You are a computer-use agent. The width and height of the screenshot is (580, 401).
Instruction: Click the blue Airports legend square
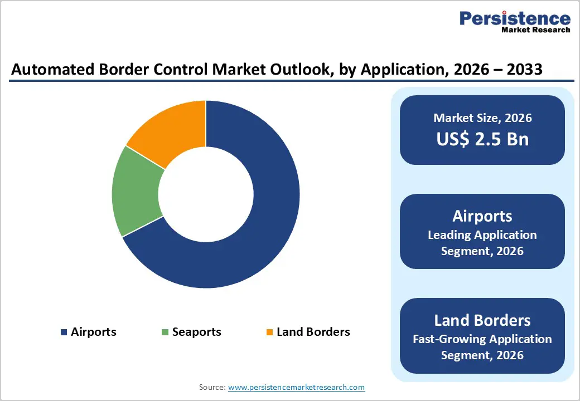64,332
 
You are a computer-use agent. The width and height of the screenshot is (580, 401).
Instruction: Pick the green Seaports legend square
165,332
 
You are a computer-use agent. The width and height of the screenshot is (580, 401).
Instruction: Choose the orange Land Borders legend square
269,332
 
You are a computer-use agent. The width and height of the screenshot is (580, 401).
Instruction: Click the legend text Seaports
196,332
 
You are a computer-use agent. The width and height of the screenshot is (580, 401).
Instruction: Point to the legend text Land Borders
313,332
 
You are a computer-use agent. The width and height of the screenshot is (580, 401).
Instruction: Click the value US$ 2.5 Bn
482,139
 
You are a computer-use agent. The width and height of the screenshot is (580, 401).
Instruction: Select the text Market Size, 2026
482,118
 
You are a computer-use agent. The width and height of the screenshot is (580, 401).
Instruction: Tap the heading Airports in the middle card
482,216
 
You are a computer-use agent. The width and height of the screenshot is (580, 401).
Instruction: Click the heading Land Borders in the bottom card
482,320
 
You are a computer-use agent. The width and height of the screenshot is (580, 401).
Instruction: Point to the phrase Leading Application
482,235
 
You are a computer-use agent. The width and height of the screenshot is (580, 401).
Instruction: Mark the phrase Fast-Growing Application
482,339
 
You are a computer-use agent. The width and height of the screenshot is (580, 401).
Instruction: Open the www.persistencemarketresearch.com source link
296,387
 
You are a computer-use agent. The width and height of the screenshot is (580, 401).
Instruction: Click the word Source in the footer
212,387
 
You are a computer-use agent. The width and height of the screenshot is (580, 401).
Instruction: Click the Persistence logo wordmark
515,18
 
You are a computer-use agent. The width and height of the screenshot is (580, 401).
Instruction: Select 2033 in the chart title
521,70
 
